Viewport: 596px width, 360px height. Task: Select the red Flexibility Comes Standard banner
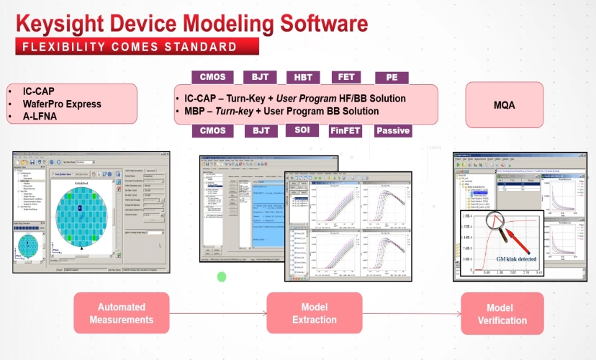(x=137, y=48)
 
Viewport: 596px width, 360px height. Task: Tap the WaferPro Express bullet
(x=59, y=104)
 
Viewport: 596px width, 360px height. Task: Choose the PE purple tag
(x=392, y=78)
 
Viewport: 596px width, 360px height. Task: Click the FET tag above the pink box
(x=346, y=77)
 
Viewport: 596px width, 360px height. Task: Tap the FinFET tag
(x=346, y=131)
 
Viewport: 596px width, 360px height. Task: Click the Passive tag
(x=393, y=131)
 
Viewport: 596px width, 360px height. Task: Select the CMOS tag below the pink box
(x=212, y=131)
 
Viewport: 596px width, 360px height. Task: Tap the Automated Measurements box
(x=121, y=312)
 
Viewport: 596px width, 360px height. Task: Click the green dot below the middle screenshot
(x=222, y=276)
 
